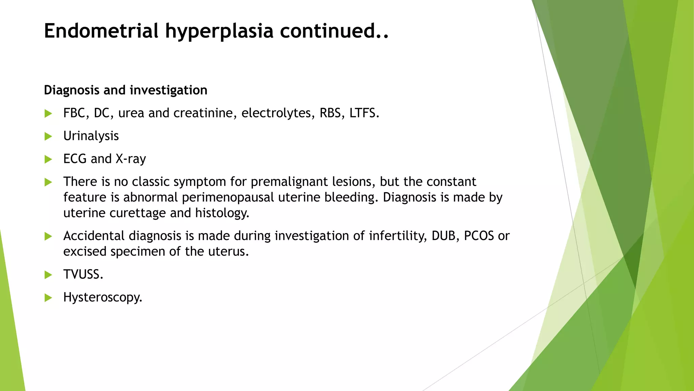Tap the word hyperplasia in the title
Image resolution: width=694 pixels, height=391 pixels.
219,31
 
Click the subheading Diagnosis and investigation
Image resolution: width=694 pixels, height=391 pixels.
125,90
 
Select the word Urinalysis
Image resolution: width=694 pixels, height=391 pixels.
91,136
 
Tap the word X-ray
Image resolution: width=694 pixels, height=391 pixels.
130,159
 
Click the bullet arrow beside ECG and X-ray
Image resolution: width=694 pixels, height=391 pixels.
48,159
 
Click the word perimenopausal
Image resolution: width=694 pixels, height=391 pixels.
228,198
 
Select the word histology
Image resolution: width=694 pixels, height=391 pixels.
222,213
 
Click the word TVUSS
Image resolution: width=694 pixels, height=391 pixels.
83,274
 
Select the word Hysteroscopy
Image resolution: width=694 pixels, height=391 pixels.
102,298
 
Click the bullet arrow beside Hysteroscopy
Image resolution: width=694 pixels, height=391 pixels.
48,298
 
